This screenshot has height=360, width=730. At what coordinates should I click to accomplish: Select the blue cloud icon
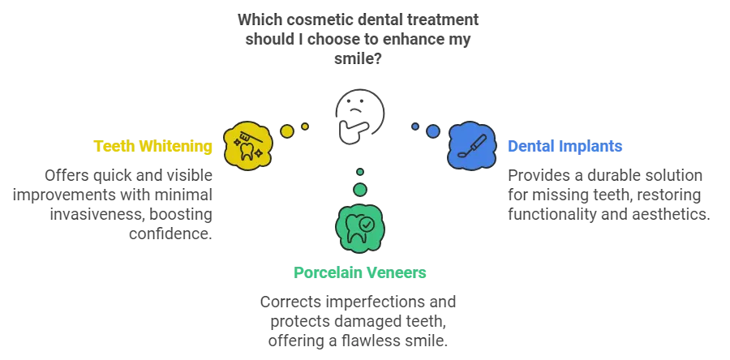(x=471, y=145)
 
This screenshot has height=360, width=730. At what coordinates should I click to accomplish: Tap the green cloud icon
(x=360, y=227)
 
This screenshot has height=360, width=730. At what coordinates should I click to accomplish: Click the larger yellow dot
(x=287, y=131)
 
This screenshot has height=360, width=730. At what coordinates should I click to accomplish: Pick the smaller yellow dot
(x=305, y=126)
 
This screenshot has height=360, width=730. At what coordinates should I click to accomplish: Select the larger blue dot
(x=433, y=131)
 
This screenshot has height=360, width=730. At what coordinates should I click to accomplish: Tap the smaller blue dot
(x=415, y=126)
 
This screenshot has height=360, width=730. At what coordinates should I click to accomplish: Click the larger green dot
(x=360, y=189)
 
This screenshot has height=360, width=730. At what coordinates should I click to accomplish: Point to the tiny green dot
(x=360, y=172)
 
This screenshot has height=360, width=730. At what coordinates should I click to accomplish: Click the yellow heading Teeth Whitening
(x=153, y=147)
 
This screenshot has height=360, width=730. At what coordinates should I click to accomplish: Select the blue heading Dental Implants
(x=565, y=147)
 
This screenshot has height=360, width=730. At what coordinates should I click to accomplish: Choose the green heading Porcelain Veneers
(x=359, y=272)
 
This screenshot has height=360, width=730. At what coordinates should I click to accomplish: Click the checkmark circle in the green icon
(x=367, y=221)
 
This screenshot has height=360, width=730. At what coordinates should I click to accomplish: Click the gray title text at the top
(x=357, y=37)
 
